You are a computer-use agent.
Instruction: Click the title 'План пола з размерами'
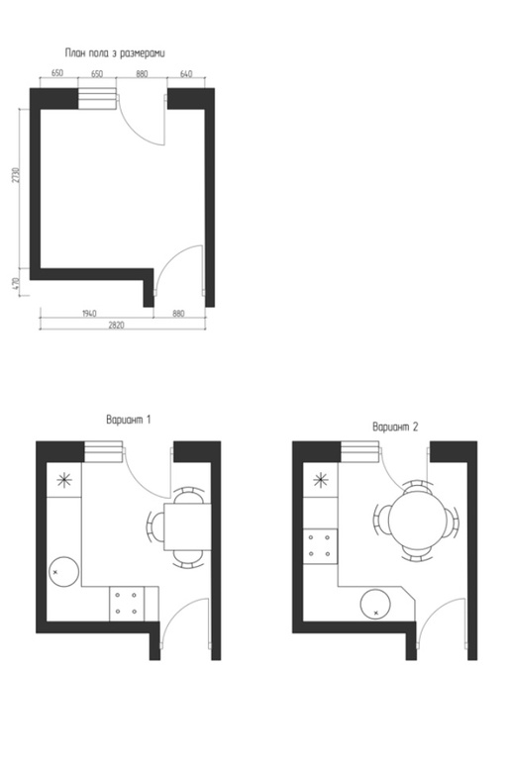(115, 53)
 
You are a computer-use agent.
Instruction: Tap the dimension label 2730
(16, 175)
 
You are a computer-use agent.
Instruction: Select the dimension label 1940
(89, 313)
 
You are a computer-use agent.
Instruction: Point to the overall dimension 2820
(116, 325)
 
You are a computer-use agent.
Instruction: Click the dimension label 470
(16, 284)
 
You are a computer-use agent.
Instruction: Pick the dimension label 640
(186, 74)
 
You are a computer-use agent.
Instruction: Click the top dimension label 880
(142, 74)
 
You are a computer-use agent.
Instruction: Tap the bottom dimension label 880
(178, 313)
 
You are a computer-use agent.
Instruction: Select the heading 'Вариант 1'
(129, 419)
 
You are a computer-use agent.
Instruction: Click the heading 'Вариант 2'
(395, 427)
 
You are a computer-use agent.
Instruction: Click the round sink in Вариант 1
(64, 572)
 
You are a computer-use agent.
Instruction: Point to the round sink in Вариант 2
(375, 604)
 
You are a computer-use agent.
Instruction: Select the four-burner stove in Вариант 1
(127, 603)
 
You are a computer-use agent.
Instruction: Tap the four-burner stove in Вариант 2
(321, 545)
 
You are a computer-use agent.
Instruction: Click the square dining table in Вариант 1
(187, 526)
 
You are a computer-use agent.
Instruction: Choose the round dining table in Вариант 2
(417, 520)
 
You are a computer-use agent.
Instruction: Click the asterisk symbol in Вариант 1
(64, 480)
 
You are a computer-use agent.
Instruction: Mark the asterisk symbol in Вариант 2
(321, 480)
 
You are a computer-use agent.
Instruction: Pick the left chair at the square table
(156, 526)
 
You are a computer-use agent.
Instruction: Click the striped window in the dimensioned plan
(97, 99)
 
